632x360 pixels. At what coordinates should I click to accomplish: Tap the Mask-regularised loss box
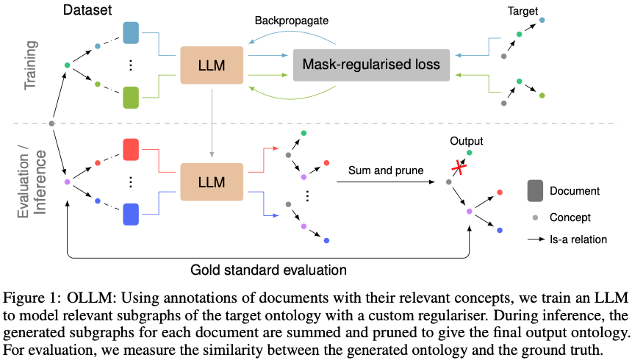372,64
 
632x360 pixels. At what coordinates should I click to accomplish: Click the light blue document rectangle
132,33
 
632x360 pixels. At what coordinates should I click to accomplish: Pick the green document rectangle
132,97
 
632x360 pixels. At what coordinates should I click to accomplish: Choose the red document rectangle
132,150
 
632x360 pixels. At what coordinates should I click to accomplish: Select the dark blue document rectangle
132,214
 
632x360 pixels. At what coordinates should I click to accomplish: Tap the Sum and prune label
385,170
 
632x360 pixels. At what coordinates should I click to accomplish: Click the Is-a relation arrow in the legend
537,239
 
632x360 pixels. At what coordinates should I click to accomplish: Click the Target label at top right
523,12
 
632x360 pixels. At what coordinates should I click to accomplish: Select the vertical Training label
31,65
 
